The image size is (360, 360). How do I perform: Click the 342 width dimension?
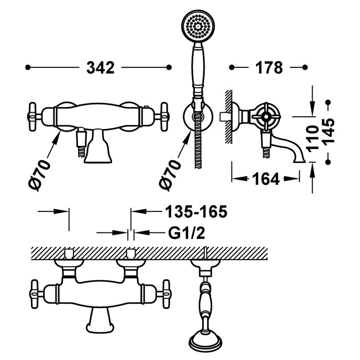tap(100, 67)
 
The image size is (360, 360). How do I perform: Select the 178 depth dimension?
tap(268, 67)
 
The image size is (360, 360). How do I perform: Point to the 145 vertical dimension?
tap(329, 132)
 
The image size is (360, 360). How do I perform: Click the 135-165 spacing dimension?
tap(195, 211)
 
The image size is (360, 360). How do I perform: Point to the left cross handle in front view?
tap(35, 115)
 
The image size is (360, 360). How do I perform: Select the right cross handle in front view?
tap(165, 115)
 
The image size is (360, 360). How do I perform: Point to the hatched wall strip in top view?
tap(149, 253)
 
